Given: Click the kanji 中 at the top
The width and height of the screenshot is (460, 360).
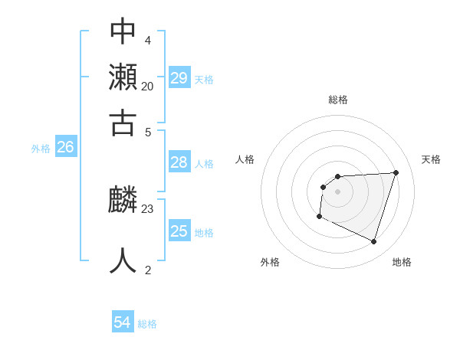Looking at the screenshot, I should click(123, 31).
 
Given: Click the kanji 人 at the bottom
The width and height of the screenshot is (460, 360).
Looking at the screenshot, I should click(123, 260).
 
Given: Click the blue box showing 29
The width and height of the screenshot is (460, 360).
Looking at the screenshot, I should click(179, 78).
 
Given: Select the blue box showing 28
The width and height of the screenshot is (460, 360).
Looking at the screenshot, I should click(179, 162).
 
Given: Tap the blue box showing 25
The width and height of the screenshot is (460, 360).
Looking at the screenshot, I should click(179, 231).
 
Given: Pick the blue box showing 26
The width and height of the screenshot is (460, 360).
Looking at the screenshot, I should click(65, 147).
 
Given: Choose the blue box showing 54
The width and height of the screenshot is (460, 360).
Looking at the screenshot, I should click(123, 322).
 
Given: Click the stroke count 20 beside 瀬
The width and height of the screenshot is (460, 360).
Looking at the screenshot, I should click(147, 86).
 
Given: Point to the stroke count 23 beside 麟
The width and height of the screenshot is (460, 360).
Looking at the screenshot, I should click(148, 208).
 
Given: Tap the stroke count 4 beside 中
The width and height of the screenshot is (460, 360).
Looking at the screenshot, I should click(147, 40).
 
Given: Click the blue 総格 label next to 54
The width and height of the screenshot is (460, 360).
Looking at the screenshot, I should click(147, 324).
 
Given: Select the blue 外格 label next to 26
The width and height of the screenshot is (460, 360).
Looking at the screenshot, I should click(41, 149).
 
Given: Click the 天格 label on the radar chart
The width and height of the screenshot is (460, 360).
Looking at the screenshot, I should click(431, 159).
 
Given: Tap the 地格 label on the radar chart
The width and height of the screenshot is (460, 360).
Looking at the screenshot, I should click(402, 262).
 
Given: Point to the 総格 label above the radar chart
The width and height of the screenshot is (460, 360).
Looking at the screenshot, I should click(337, 100).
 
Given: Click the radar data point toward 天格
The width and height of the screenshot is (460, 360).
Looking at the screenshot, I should click(396, 172).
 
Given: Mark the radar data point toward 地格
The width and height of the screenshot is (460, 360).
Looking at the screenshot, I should click(373, 241).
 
